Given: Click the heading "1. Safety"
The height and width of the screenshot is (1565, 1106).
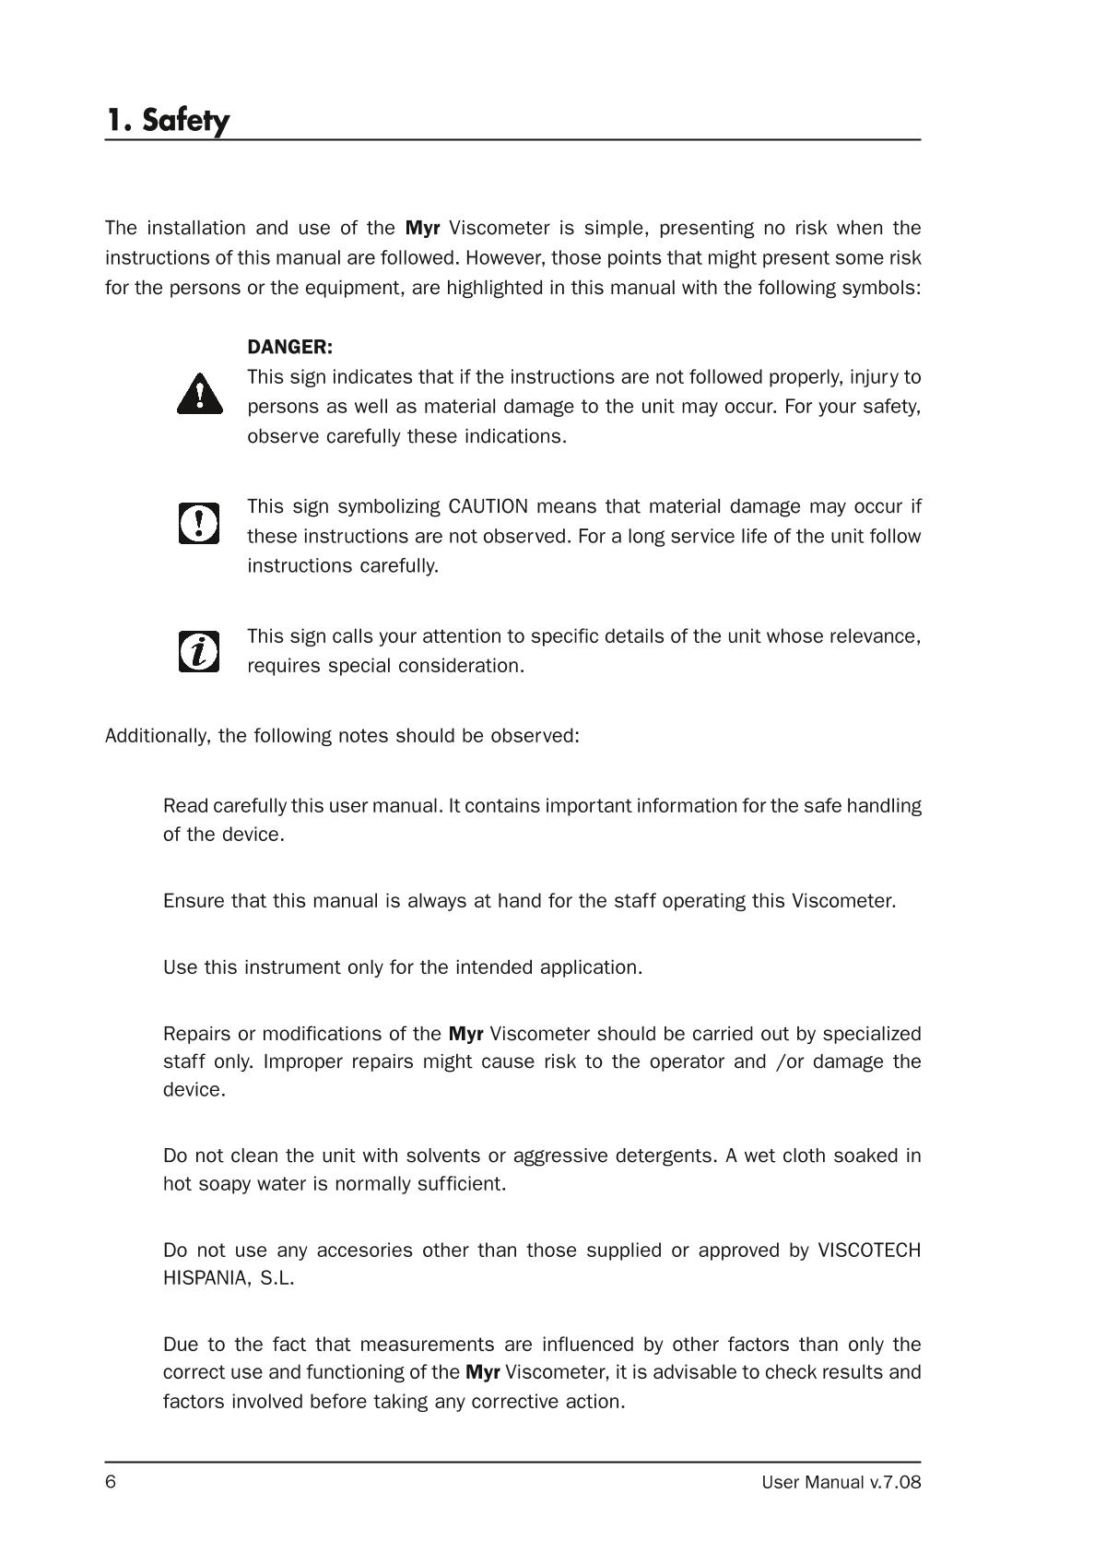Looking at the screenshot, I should pyautogui.click(x=167, y=120).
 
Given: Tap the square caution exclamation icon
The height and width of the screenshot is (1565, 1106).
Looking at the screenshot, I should pyautogui.click(x=199, y=523).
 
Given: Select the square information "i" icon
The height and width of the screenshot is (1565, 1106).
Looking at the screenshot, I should pyautogui.click(x=199, y=651).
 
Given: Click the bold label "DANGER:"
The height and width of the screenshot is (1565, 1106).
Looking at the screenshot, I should pyautogui.click(x=289, y=348).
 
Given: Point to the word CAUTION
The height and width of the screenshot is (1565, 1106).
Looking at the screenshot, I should pyautogui.click(x=488, y=507).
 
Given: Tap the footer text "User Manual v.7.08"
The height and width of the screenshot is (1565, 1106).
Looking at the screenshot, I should pyautogui.click(x=841, y=1483).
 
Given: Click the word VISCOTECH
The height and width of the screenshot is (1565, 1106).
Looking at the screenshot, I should pyautogui.click(x=869, y=1251).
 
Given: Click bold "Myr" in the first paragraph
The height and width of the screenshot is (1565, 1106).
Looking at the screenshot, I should pyautogui.click(x=422, y=228).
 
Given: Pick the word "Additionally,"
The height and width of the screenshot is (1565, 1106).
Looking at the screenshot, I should pyautogui.click(x=159, y=736).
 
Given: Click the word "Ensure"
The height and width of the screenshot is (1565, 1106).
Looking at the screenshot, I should pyautogui.click(x=193, y=901).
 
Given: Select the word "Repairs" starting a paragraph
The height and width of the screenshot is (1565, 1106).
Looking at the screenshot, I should pyautogui.click(x=196, y=1034).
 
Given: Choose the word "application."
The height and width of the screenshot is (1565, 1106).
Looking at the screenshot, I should pyautogui.click(x=591, y=967).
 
